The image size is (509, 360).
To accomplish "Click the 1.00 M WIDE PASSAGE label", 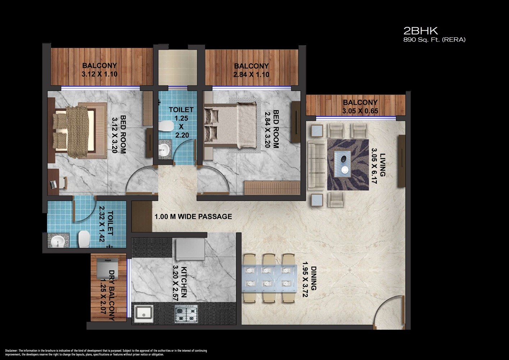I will click(193, 217).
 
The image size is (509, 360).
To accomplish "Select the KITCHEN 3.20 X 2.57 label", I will click(180, 282).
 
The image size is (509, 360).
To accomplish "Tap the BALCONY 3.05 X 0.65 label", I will click(360, 107).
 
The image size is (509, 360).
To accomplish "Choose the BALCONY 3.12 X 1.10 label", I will click(100, 70).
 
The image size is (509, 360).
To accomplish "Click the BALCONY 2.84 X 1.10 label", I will click(251, 70).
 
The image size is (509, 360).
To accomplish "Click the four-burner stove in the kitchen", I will click(186, 314).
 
